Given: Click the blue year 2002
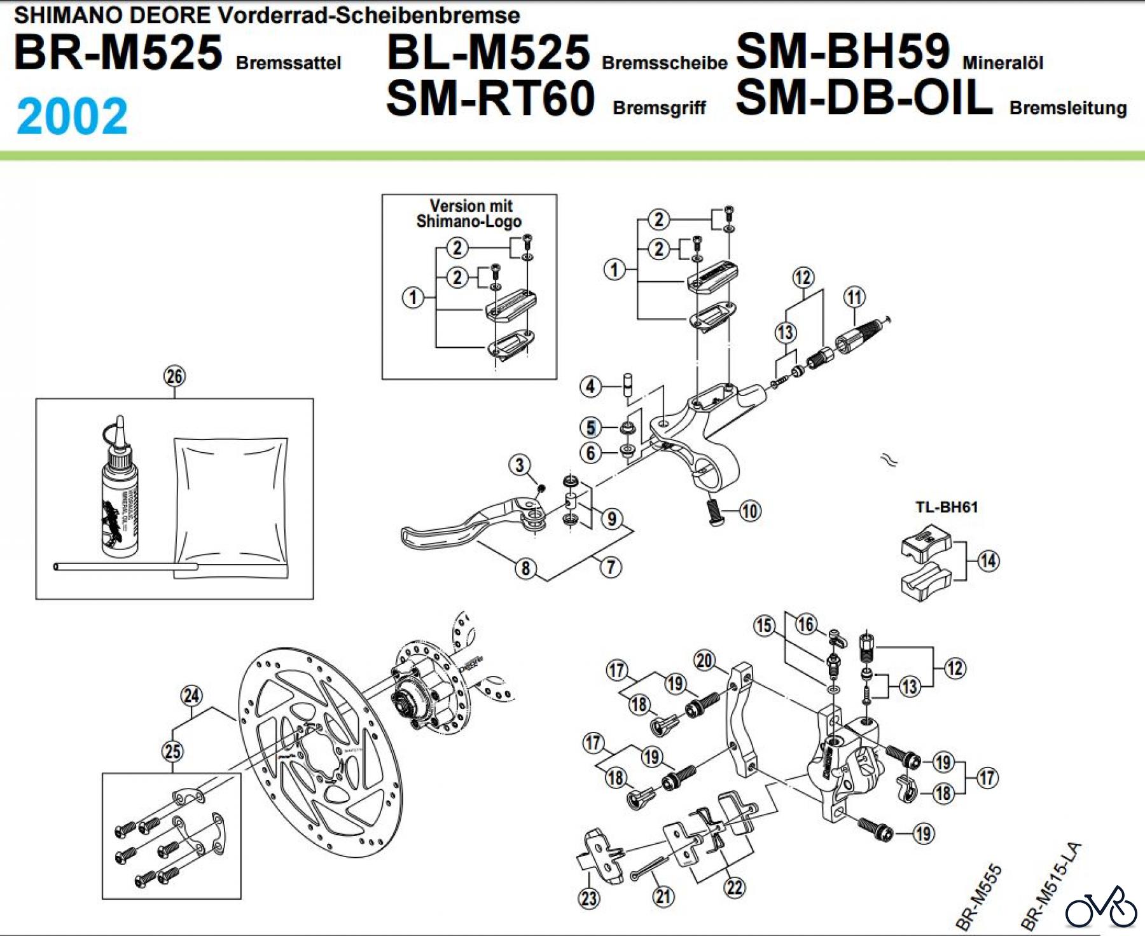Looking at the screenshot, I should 72,116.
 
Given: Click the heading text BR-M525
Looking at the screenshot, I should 118,53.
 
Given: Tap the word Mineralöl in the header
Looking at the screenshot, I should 1003,63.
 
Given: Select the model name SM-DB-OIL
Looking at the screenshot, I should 864,99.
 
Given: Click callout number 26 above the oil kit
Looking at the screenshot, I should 174,376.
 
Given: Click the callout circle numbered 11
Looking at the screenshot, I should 854,297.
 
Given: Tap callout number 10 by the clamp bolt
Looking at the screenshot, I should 750,511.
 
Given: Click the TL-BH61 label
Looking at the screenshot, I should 946,507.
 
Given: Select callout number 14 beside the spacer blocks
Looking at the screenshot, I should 988,561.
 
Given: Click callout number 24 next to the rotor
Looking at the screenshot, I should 191,696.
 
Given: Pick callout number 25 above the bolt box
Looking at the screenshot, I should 172,751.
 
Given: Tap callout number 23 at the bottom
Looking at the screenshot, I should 588,898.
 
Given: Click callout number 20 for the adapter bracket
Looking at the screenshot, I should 704,661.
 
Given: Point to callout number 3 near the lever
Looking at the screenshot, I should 520,465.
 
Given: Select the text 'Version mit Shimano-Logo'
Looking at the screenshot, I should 469,214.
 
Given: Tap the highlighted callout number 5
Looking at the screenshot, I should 591,427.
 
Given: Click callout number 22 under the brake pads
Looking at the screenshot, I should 735,887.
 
